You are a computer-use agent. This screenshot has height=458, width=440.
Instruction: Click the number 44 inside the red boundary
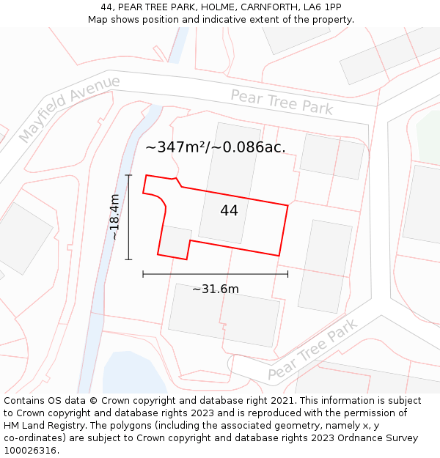(x=229, y=210)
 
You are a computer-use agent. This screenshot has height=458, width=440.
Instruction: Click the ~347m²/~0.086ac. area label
(x=215, y=147)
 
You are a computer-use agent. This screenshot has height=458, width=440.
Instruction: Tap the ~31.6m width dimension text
(x=215, y=289)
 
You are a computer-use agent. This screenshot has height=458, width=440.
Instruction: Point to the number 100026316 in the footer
(x=30, y=451)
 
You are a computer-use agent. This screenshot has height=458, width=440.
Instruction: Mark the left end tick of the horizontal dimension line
(x=143, y=274)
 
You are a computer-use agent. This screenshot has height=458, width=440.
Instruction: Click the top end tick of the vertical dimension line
(x=129, y=175)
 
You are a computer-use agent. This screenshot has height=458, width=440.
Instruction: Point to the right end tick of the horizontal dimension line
(x=287, y=274)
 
